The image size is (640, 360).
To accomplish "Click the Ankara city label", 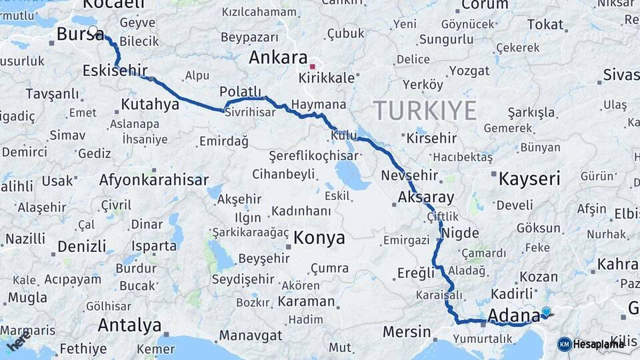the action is [x=278, y=57].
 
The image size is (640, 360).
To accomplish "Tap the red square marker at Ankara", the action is [x=312, y=67].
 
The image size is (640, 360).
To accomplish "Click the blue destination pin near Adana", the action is [x=547, y=311].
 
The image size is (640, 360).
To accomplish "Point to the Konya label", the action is [x=319, y=238].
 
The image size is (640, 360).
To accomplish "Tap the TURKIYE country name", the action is [x=425, y=110].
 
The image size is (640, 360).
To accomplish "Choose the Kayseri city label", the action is [x=529, y=179].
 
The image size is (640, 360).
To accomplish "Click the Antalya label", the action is [x=129, y=325].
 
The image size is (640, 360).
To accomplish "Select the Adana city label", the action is [x=513, y=315].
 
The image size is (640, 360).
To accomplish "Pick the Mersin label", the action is [x=407, y=331].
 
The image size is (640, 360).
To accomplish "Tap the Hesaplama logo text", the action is [x=598, y=344].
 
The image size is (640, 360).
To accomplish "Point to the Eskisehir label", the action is [x=115, y=71].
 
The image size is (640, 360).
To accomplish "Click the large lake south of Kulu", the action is [x=352, y=175].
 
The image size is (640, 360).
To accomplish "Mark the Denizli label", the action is [x=81, y=246].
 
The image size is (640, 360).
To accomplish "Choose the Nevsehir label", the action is [x=409, y=176].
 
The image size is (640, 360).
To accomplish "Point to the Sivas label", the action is [x=621, y=74].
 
